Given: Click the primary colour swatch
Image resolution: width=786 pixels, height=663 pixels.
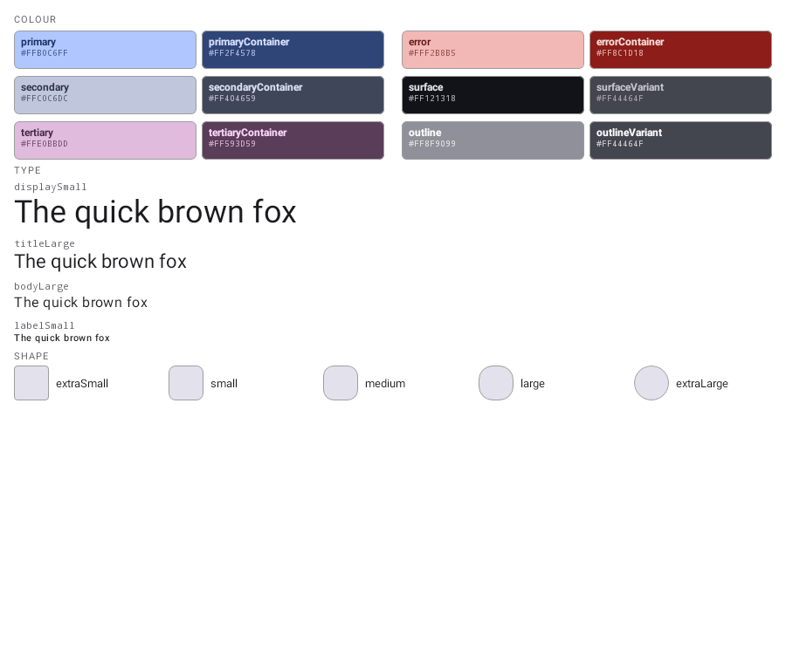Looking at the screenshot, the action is point(106,50).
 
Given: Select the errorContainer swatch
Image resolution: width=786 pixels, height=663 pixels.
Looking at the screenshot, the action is point(680,50).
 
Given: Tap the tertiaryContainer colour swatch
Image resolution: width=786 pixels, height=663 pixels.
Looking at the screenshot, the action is point(293,140).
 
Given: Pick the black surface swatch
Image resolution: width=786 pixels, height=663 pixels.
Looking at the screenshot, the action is point(493,95).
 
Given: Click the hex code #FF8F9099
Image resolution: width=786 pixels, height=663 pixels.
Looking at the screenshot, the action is point(432,144).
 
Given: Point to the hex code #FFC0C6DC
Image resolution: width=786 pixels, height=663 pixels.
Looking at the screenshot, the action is point(45,99).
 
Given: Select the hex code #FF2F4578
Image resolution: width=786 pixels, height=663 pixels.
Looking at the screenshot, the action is point(232,53).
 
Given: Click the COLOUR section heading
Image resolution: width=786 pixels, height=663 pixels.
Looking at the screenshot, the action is point(35,19).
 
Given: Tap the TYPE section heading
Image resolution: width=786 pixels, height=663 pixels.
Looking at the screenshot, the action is point(28,170).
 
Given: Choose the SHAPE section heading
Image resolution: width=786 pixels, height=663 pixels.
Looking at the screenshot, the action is point(31,356).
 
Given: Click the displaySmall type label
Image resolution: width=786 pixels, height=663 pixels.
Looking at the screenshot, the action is point(51,188).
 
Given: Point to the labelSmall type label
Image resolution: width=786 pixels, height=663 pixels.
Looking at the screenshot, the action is point(45,325).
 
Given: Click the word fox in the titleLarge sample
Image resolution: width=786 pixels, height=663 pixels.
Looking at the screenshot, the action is point(173,262).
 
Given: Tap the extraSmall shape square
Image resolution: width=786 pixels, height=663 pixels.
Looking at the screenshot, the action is point(31,383).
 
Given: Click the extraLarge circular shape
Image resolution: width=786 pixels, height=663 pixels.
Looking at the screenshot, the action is point(652,383).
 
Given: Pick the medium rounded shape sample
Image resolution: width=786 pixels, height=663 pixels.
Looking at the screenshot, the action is point(341,383).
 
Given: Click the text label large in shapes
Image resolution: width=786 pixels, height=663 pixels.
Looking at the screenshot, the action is point(533,384).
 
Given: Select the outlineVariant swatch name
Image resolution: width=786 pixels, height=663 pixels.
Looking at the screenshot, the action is point(629,133).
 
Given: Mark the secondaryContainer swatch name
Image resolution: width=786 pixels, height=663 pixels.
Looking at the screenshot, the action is point(256,87).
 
